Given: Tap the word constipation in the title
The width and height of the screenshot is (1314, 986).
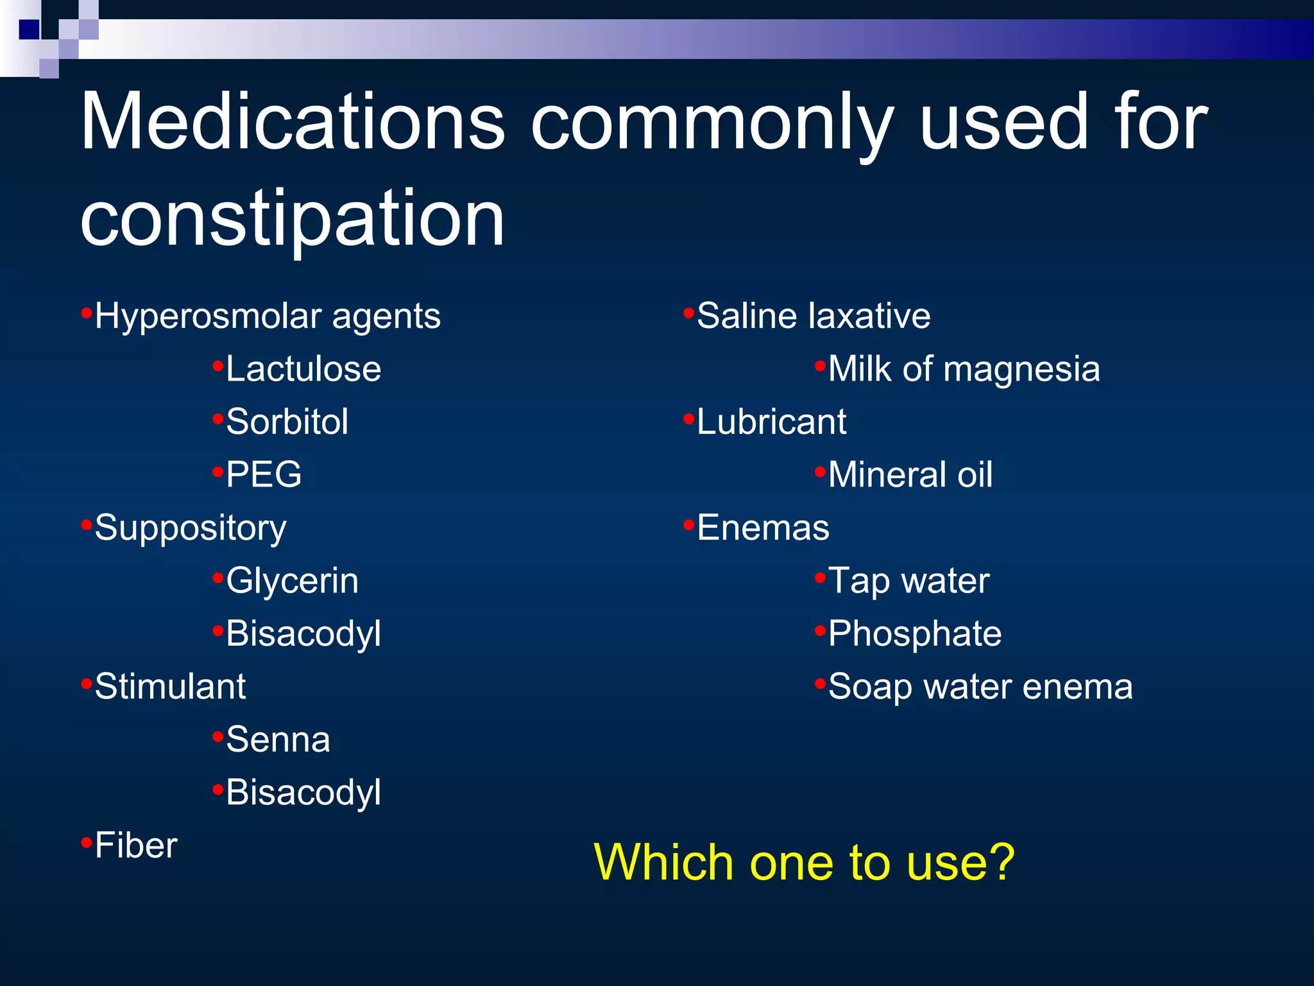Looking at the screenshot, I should (x=292, y=220).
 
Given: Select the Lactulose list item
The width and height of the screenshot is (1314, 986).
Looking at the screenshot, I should (x=303, y=369).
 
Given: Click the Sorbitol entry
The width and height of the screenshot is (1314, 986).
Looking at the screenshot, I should (x=287, y=422).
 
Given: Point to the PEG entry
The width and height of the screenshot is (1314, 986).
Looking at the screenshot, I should (x=263, y=475).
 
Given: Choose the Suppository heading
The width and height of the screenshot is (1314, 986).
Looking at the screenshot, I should (x=190, y=528).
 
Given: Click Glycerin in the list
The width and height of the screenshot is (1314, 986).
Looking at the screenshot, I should (x=292, y=581).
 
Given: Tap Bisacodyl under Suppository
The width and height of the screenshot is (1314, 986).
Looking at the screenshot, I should (x=303, y=634).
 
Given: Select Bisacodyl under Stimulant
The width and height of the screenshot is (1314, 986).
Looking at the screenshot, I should (x=303, y=792).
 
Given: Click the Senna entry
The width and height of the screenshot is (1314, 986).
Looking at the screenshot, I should (x=278, y=739).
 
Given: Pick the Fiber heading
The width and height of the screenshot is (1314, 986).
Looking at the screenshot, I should (x=135, y=845).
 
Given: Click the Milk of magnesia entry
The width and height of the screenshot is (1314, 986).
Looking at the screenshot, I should (x=964, y=369).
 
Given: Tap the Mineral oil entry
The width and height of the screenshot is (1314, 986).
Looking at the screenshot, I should (x=910, y=475).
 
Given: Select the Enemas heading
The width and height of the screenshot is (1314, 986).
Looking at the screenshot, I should (x=763, y=528).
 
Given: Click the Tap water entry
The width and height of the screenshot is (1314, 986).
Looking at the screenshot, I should (x=909, y=581).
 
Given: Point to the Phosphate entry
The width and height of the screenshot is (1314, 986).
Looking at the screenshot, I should (x=914, y=634).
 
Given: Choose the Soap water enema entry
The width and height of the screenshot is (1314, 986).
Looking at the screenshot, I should (x=980, y=687).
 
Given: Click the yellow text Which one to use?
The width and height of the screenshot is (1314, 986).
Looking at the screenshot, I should (x=804, y=862).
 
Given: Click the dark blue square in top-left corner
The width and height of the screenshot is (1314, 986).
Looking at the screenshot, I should (x=29, y=30).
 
